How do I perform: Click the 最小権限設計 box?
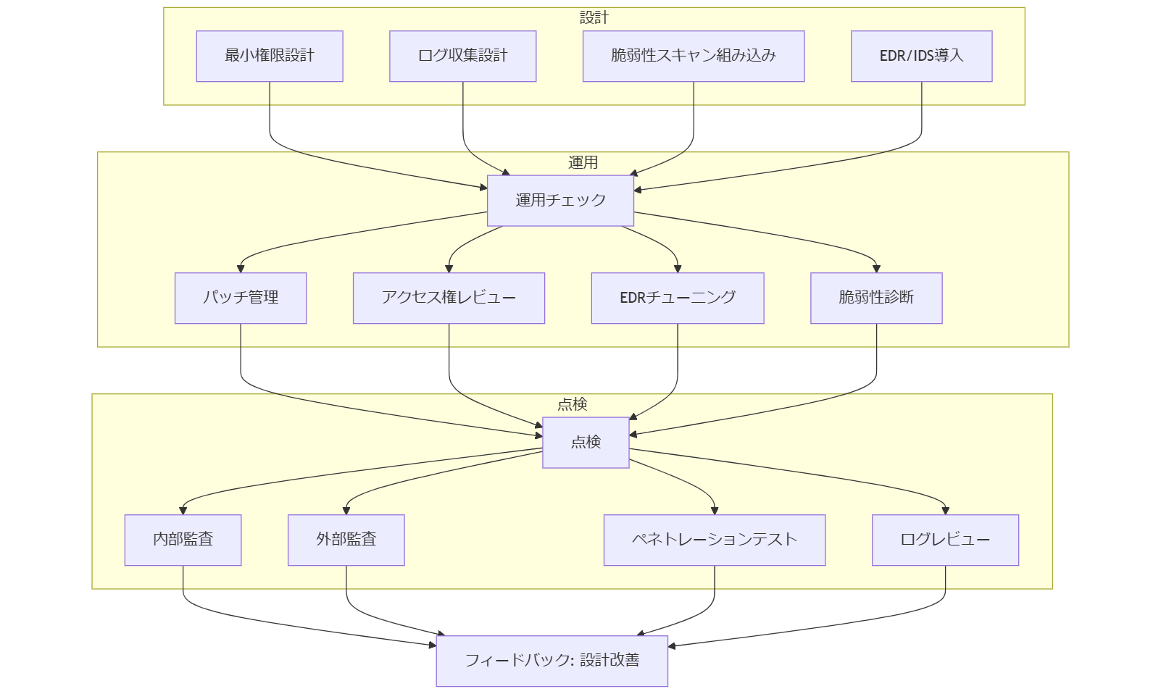click(270, 56)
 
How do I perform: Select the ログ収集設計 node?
click(463, 56)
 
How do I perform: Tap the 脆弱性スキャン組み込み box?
click(694, 56)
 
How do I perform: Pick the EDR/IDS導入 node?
click(921, 56)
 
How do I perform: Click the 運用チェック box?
click(560, 201)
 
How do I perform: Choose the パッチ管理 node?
click(241, 298)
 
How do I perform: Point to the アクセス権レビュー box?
click(449, 298)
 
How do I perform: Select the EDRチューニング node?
click(678, 298)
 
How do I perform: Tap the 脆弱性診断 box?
click(876, 298)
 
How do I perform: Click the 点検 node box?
click(586, 443)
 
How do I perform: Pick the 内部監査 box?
click(183, 540)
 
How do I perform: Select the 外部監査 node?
click(346, 540)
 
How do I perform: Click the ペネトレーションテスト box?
click(715, 540)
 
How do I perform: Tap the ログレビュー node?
click(945, 540)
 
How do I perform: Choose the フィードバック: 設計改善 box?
click(552, 661)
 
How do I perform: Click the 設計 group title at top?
click(594, 17)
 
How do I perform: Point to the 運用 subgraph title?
click(583, 162)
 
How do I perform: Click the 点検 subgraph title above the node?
click(572, 404)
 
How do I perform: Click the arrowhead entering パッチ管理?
click(241, 269)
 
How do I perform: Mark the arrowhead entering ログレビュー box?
click(945, 511)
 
